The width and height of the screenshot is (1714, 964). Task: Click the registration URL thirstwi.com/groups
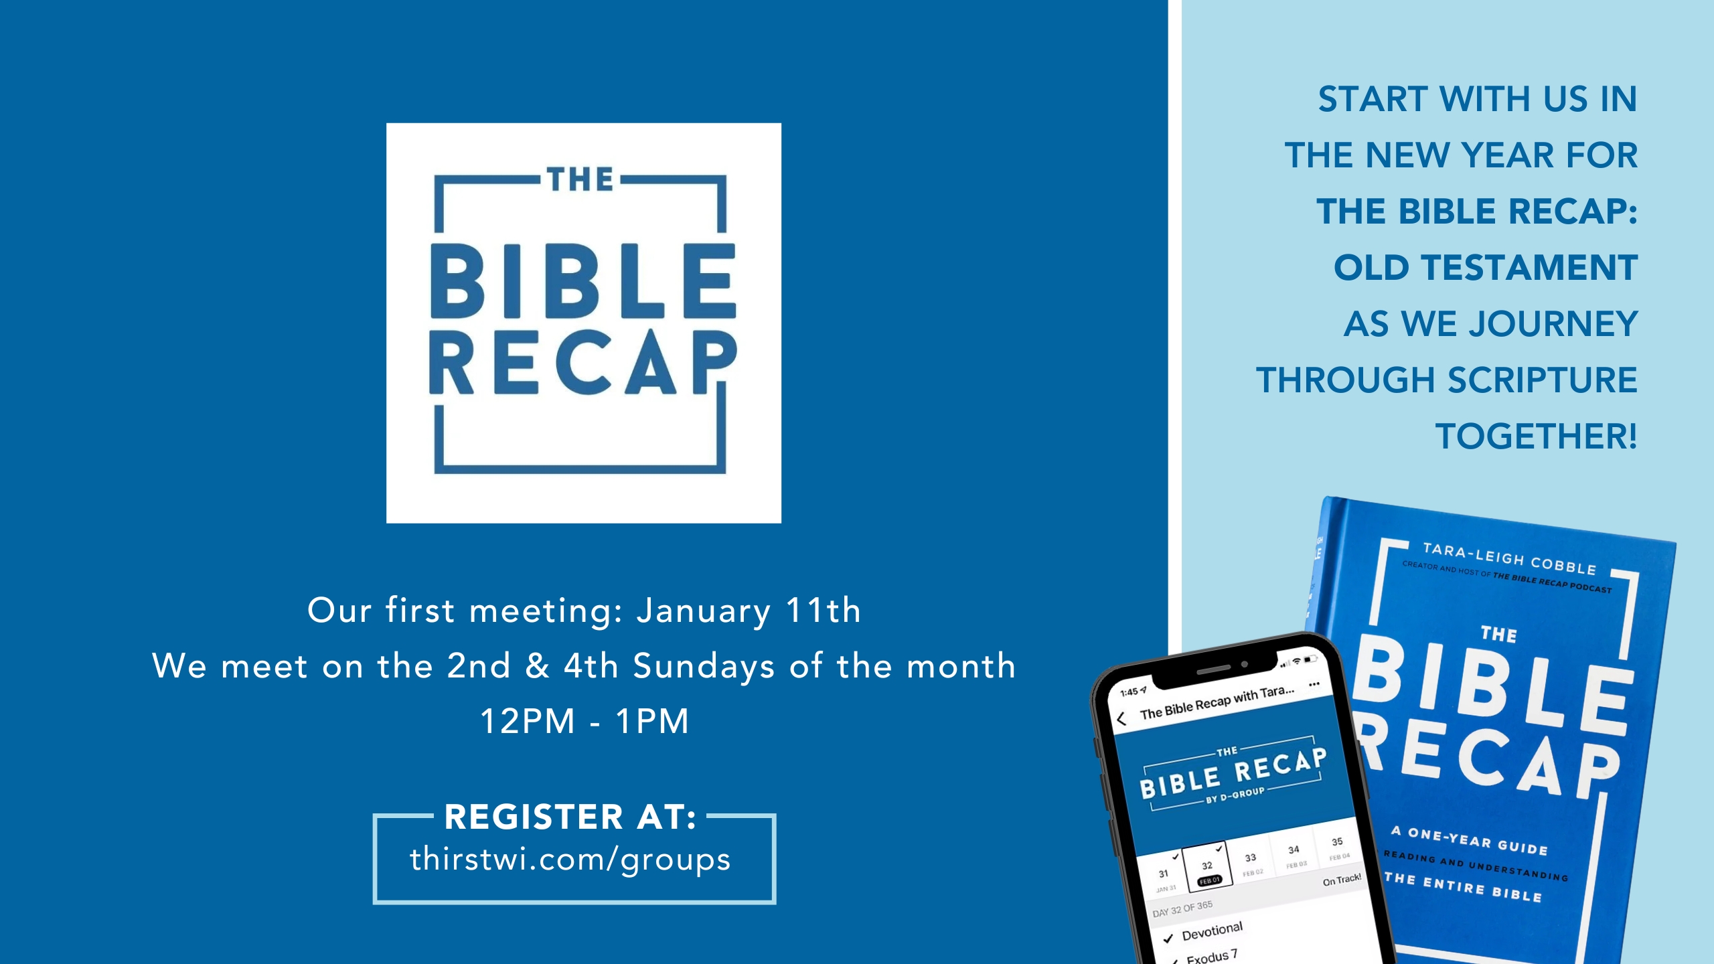570,860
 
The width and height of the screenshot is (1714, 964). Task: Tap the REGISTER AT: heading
570,817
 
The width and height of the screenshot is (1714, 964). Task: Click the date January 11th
748,611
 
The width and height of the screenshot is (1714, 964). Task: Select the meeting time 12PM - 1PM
585,722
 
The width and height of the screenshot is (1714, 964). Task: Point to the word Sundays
704,666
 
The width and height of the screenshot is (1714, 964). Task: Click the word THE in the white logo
580,179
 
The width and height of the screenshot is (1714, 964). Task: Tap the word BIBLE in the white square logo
582,281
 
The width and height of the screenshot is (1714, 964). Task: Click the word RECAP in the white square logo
582,363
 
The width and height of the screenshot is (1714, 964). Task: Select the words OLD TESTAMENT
1485,268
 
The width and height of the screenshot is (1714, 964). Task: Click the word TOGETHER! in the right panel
1536,436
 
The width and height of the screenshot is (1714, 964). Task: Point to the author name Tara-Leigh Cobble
1509,558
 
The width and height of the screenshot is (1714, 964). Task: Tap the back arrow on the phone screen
1122,719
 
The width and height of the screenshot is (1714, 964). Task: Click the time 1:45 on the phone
1129,692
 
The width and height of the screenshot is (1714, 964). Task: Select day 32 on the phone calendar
1207,866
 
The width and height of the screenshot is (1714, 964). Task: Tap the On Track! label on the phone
1342,880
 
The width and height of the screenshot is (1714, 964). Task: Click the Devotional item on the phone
1212,931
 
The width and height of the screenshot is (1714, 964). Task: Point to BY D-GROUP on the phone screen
1235,795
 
